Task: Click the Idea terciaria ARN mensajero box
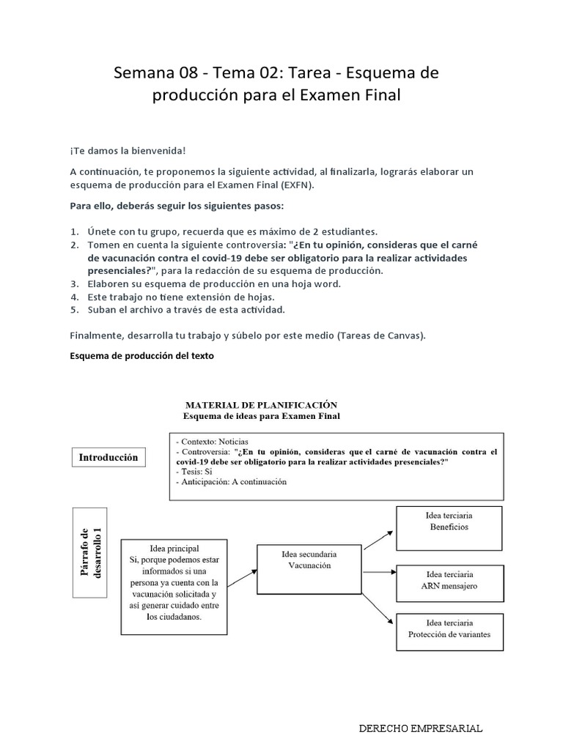(x=449, y=580)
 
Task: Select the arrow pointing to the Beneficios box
(x=378, y=538)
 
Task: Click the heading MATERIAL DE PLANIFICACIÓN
(x=261, y=404)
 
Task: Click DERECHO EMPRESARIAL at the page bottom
(x=420, y=729)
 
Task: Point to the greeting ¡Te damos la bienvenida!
(x=128, y=151)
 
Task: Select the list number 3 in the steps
(x=74, y=283)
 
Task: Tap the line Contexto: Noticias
(x=212, y=442)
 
